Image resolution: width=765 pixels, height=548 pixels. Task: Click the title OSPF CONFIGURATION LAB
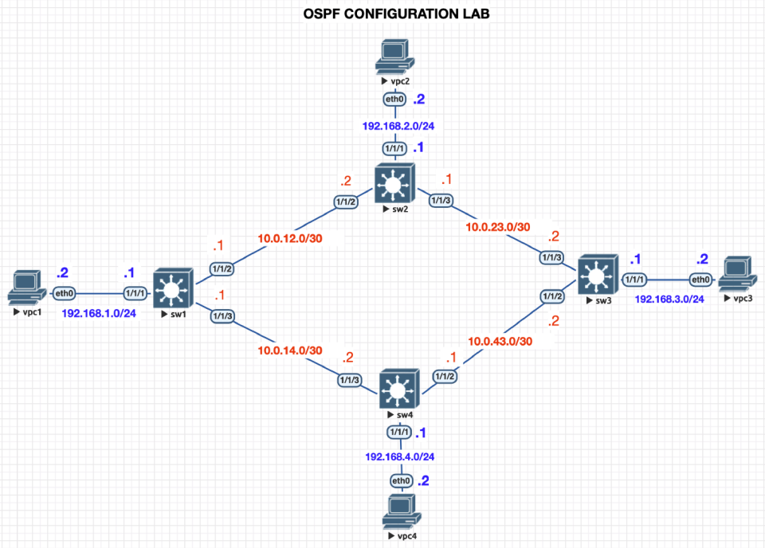click(382, 14)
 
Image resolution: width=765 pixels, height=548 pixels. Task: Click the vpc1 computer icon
click(25, 289)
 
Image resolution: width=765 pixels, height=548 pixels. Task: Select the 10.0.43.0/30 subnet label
click(500, 342)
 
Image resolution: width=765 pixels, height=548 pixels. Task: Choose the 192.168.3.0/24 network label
click(669, 299)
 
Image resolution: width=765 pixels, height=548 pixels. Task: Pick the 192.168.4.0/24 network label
click(400, 457)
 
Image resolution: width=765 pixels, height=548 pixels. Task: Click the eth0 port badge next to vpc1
click(65, 294)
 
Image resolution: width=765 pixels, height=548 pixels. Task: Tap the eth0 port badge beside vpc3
click(700, 280)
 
